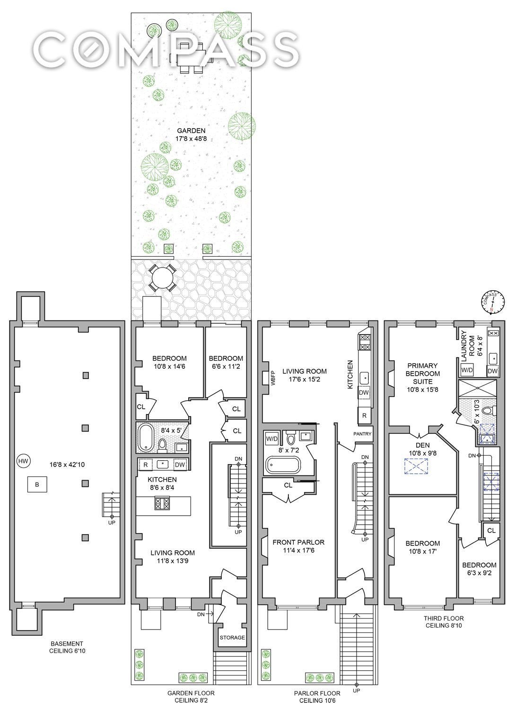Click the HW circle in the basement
[23, 461]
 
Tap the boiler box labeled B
[37, 484]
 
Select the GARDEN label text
[191, 130]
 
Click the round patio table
[163, 278]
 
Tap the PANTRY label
[362, 433]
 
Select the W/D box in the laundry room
[467, 370]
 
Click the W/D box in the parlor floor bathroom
[272, 439]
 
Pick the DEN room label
[422, 445]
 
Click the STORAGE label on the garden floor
[232, 638]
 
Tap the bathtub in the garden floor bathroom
[146, 438]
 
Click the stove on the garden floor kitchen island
[162, 503]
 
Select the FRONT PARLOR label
[298, 542]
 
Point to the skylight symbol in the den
[416, 466]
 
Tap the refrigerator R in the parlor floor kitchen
[364, 415]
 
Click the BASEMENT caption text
[67, 643]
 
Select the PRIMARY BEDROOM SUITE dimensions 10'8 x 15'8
[422, 389]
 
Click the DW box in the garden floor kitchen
[180, 465]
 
